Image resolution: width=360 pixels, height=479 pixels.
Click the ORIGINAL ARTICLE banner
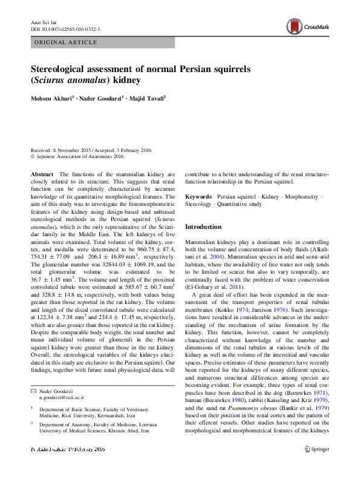[x=67, y=42]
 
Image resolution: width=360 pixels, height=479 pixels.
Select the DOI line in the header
[x=65, y=28]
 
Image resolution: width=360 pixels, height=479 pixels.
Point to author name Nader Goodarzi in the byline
[x=99, y=97]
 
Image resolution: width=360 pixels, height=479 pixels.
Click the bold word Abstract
[x=41, y=174]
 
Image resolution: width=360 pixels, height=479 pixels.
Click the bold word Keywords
[x=198, y=197]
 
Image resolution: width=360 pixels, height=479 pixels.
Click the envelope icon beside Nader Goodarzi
[x=33, y=392]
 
